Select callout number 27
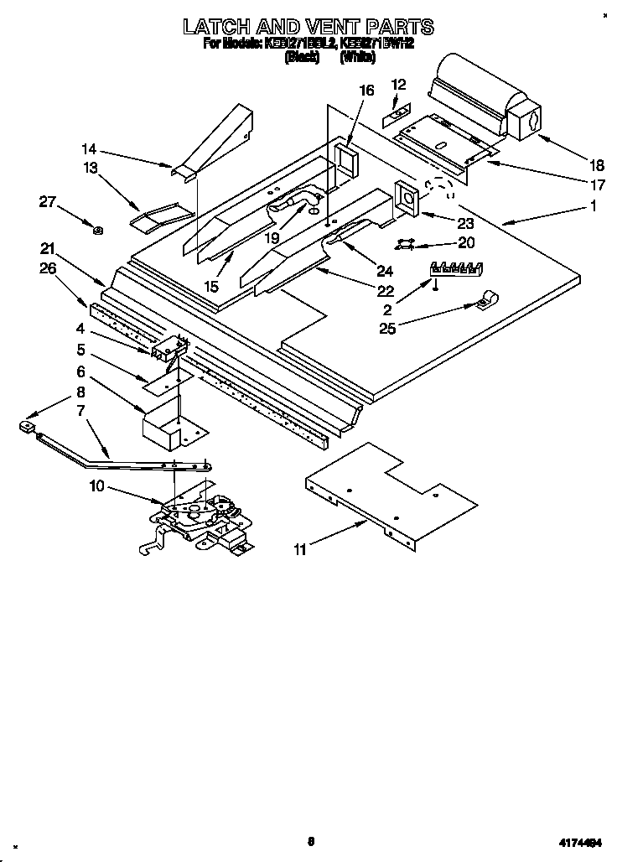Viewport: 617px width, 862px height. tap(49, 200)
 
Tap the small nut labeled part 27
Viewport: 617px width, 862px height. tap(98, 231)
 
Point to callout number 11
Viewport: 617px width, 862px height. tap(300, 550)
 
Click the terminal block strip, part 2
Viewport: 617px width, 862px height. tap(456, 269)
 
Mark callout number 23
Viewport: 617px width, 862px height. tap(464, 224)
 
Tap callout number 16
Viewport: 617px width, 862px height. tap(366, 91)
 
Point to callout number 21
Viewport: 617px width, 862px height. tap(48, 248)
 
